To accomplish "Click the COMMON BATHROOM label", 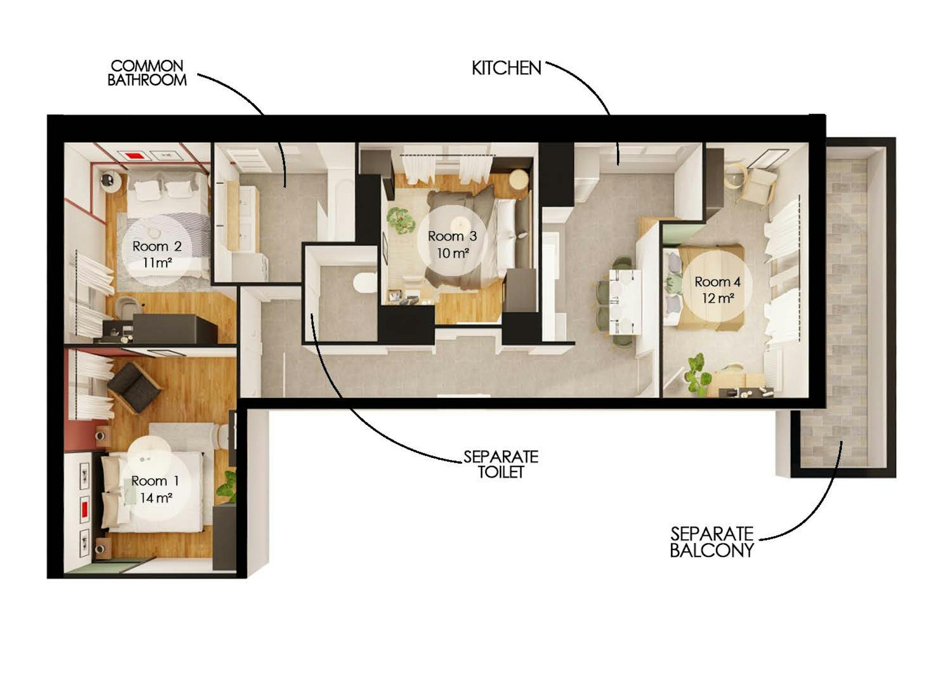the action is [x=147, y=73].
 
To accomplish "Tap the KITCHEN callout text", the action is [x=506, y=68].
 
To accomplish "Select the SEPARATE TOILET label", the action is [x=501, y=464].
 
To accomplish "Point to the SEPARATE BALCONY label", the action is [x=712, y=541].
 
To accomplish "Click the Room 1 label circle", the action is [x=155, y=489].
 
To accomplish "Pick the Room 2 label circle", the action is [x=156, y=250].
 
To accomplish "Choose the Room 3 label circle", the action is [x=452, y=240].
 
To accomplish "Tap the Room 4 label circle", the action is [x=717, y=286].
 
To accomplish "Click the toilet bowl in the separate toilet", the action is [x=365, y=283].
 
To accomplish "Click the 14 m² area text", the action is [x=156, y=498].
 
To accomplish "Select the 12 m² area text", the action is [x=718, y=298].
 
